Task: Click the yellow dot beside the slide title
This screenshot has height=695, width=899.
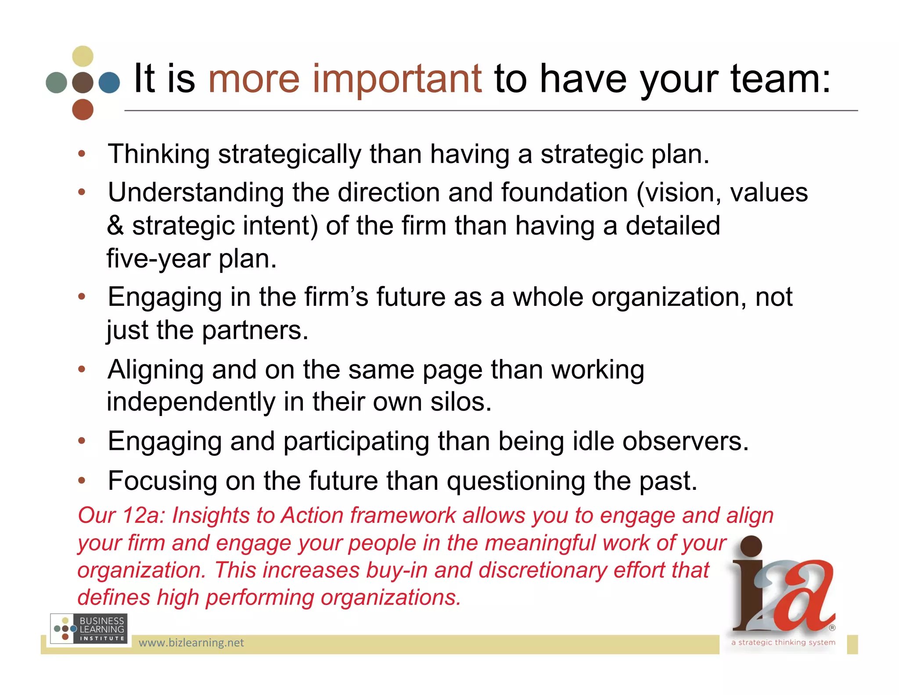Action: pyautogui.click(x=83, y=56)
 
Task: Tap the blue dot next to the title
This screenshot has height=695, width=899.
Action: pyautogui.click(x=109, y=83)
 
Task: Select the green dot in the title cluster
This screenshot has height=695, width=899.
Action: pyautogui.click(x=56, y=83)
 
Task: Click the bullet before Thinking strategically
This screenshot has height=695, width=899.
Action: pyautogui.click(x=82, y=154)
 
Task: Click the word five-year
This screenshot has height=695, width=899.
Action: pyautogui.click(x=158, y=258)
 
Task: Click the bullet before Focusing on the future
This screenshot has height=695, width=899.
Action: pyautogui.click(x=82, y=481)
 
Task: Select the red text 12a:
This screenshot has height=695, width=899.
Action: pyautogui.click(x=143, y=515)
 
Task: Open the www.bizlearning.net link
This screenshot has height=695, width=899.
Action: pyautogui.click(x=191, y=643)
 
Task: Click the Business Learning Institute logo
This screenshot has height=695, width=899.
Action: pyautogui.click(x=89, y=629)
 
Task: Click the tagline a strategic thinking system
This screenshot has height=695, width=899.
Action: pyautogui.click(x=783, y=642)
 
